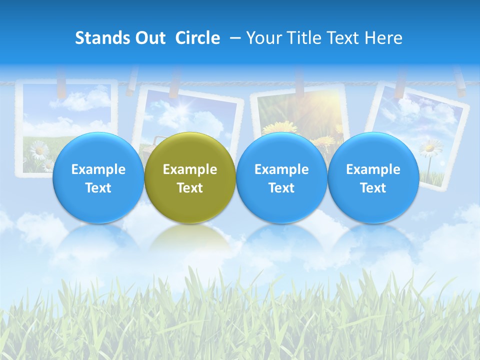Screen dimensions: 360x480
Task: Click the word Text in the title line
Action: [343, 38]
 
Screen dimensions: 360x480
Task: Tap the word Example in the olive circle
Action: [190, 169]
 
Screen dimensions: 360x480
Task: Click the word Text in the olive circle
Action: [190, 188]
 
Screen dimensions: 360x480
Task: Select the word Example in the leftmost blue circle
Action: [98, 169]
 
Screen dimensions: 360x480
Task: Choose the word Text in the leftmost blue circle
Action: [98, 188]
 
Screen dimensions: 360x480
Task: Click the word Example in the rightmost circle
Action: [373, 169]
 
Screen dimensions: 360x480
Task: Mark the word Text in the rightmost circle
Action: [373, 188]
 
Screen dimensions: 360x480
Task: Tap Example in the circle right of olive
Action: [281, 169]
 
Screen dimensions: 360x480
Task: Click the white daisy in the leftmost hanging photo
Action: [38, 149]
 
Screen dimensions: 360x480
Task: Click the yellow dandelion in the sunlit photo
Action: [276, 128]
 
